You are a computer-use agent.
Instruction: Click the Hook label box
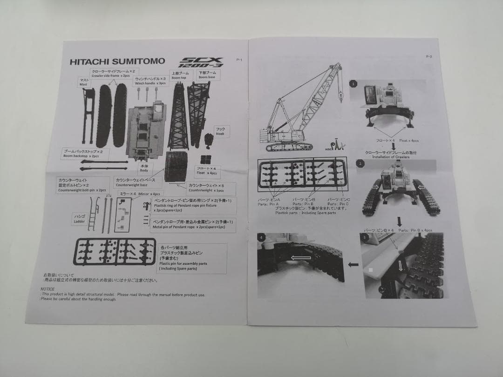tap(220, 131)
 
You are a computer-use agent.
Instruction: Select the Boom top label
tap(179, 75)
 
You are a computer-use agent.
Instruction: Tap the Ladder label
tap(80, 219)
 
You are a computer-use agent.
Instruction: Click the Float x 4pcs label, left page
tap(207, 170)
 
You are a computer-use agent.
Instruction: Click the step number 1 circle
tap(353, 84)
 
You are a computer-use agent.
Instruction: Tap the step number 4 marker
tap(262, 238)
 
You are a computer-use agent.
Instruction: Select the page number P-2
tap(429, 56)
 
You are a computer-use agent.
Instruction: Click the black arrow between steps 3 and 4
tap(353, 264)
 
